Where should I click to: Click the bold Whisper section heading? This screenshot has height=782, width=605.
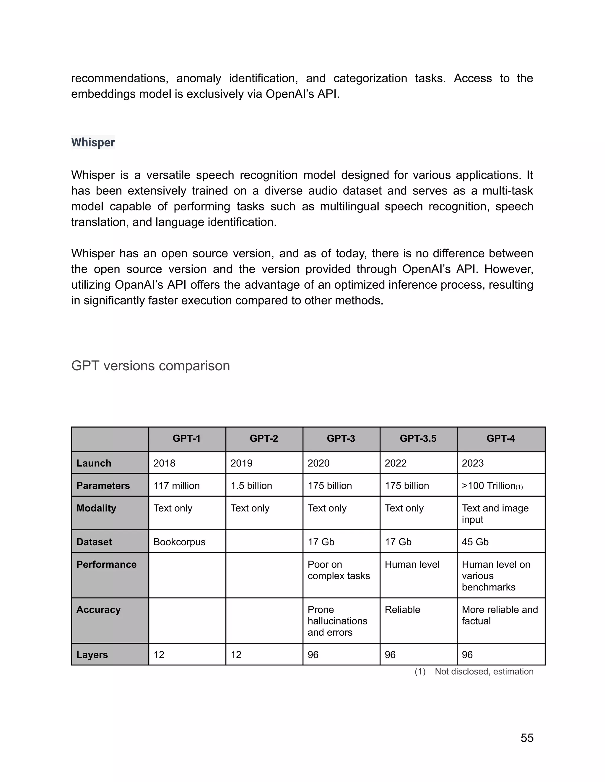point(93,143)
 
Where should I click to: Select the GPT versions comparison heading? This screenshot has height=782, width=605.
point(151,366)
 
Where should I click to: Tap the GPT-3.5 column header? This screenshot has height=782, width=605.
point(418,439)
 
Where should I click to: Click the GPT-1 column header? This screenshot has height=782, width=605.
point(187,439)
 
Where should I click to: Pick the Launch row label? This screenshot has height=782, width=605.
point(94,463)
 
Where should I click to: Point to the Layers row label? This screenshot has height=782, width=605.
point(92,655)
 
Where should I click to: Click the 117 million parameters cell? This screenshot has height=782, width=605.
point(177,486)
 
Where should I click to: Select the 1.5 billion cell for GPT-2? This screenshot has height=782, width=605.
point(251,486)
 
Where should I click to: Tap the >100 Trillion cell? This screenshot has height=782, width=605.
point(492,486)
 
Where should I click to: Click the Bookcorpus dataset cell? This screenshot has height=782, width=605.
point(180,542)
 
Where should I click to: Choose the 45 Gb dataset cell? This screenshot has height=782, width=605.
point(475,542)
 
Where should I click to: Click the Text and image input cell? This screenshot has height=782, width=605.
point(495,514)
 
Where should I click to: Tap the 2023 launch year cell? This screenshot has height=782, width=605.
point(473,463)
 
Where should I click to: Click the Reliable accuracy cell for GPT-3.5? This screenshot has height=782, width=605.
point(403,610)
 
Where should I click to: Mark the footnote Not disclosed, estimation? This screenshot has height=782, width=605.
point(484,672)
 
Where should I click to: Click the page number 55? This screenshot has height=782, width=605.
point(527,738)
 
